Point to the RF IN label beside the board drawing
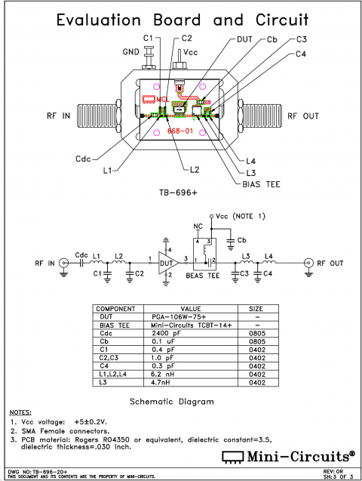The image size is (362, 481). coord(57,116)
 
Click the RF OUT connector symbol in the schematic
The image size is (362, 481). coord(308,263)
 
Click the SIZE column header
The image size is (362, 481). coord(257,309)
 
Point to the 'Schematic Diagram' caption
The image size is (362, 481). coord(175,401)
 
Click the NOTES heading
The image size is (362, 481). coord(21,412)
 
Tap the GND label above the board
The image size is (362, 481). coord(130,52)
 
